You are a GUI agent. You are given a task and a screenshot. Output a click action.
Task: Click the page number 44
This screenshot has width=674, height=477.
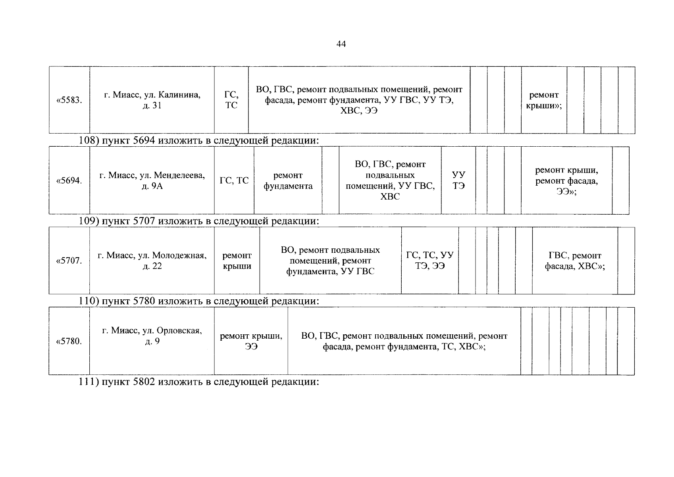click(341, 44)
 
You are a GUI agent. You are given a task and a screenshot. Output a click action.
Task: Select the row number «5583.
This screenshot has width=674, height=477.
click(69, 100)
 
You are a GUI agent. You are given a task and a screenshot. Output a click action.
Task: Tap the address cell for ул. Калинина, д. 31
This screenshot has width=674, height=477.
click(152, 100)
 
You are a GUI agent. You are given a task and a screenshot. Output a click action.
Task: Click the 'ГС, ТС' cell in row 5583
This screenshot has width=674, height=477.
click(231, 100)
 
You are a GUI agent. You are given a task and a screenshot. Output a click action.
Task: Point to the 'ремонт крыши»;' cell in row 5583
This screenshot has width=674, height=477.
click(544, 100)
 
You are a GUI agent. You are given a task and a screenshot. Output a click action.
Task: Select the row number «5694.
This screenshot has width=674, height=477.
click(69, 180)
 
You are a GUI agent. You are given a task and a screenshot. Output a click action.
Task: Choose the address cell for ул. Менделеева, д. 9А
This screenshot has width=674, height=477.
click(152, 180)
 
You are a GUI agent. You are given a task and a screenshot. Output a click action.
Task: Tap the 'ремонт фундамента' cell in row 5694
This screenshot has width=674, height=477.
click(288, 180)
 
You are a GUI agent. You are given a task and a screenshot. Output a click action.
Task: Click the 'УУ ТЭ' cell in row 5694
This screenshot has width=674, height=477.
click(458, 180)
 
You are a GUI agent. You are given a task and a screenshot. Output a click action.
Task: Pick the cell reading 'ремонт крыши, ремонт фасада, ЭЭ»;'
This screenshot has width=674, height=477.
click(566, 180)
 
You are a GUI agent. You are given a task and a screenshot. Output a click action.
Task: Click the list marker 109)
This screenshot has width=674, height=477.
click(89, 221)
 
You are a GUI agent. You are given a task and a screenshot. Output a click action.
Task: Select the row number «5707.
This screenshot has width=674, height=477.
click(69, 261)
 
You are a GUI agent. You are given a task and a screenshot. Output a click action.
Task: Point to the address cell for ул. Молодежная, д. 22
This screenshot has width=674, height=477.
click(152, 261)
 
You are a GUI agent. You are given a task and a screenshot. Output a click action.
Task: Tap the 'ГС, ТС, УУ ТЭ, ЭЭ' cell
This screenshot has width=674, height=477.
click(429, 260)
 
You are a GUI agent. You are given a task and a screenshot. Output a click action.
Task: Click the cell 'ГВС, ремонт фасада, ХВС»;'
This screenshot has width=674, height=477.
click(575, 261)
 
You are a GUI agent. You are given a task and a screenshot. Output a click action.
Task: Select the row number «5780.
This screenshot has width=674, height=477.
click(69, 341)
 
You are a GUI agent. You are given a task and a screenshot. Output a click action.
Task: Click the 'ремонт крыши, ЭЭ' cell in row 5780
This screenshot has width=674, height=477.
click(251, 341)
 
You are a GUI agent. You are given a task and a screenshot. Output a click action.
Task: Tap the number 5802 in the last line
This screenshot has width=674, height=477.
click(144, 382)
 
